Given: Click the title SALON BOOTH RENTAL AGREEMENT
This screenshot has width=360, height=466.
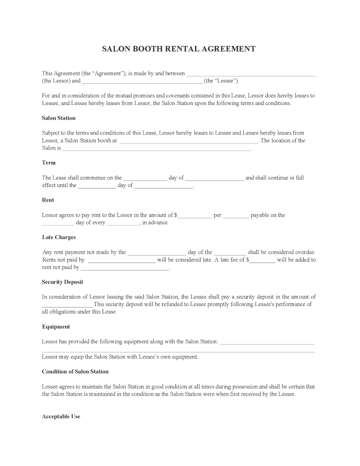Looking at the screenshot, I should point(179,49).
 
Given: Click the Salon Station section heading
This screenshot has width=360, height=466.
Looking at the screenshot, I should point(59,118).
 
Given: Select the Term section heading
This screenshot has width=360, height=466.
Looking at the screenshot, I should point(49,163).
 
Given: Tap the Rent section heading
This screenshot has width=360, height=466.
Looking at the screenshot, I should point(48,200).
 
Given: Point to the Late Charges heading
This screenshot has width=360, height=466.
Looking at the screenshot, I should point(59,237).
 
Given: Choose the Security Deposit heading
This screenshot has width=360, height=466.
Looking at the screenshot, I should point(62,282).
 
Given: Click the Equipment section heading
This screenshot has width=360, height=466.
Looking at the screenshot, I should point(56,326).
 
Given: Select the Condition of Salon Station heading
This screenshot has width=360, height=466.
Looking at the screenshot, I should point(75,371).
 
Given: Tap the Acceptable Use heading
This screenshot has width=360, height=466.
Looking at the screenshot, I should point(61,416).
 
